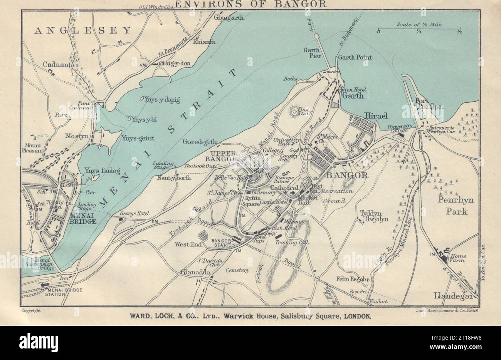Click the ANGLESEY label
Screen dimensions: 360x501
pyautogui.click(x=83, y=30)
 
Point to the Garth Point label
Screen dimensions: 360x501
pyautogui.click(x=355, y=57)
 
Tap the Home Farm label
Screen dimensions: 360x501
pyautogui.click(x=459, y=258)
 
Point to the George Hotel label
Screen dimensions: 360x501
pyautogui.click(x=135, y=213)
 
